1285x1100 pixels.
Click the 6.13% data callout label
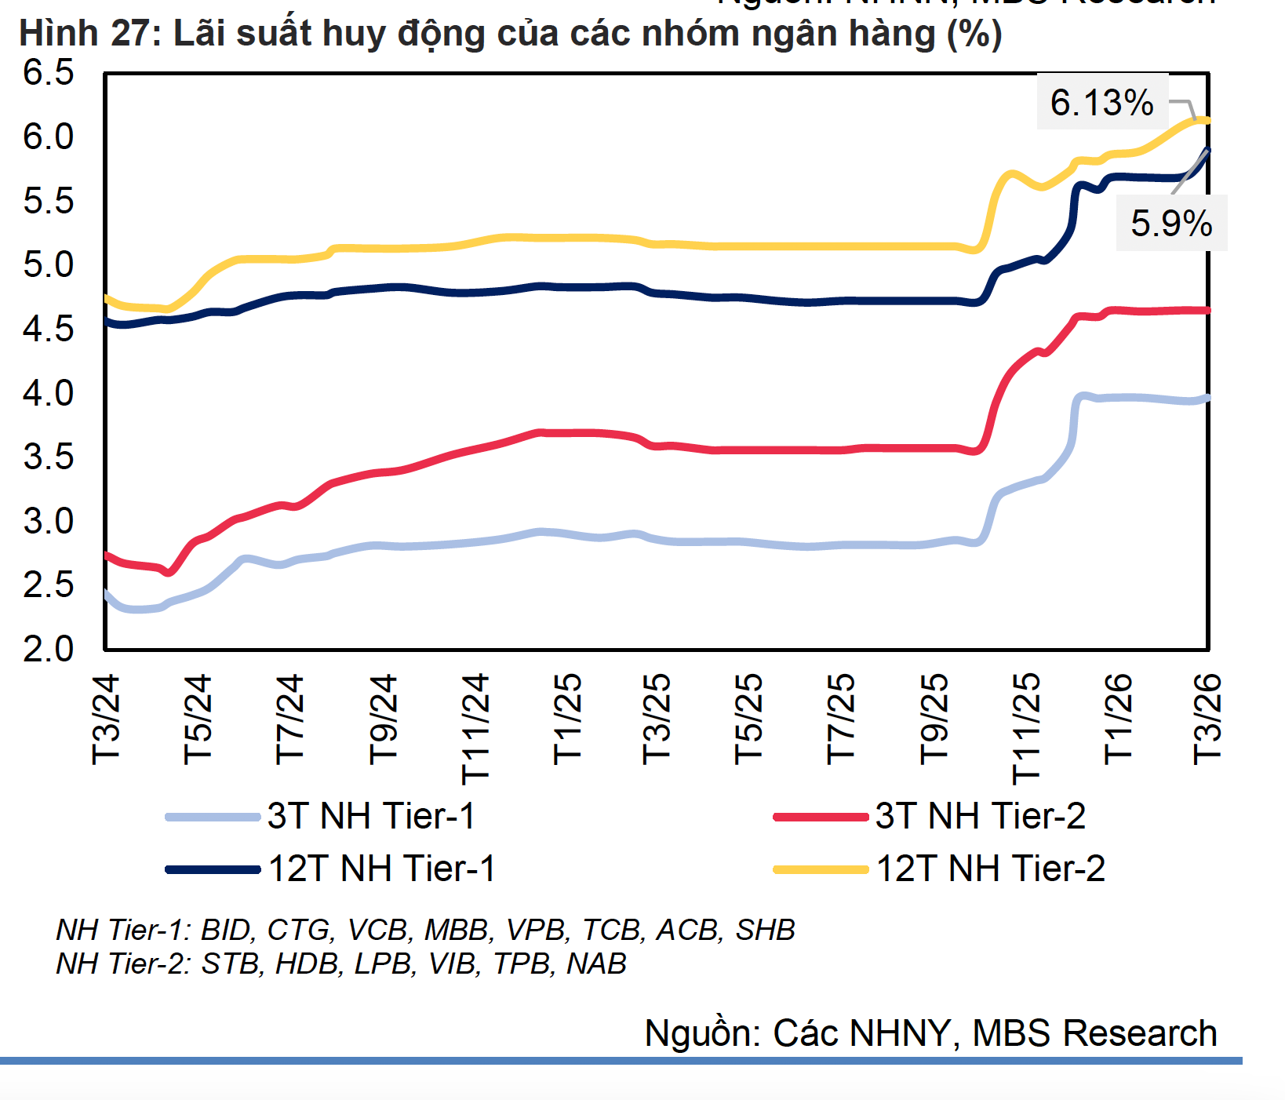coord(1101,102)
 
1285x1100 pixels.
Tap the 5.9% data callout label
coord(1171,224)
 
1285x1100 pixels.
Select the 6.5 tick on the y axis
coord(49,72)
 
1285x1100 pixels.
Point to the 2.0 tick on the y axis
coord(49,649)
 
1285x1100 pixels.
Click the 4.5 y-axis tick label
coord(49,329)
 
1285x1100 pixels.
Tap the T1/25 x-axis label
coord(568,719)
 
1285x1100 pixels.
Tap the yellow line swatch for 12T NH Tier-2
coord(821,869)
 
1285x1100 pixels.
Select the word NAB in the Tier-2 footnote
coord(596,963)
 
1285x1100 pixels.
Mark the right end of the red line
coord(1207,311)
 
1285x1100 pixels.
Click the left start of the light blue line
coord(107,594)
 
